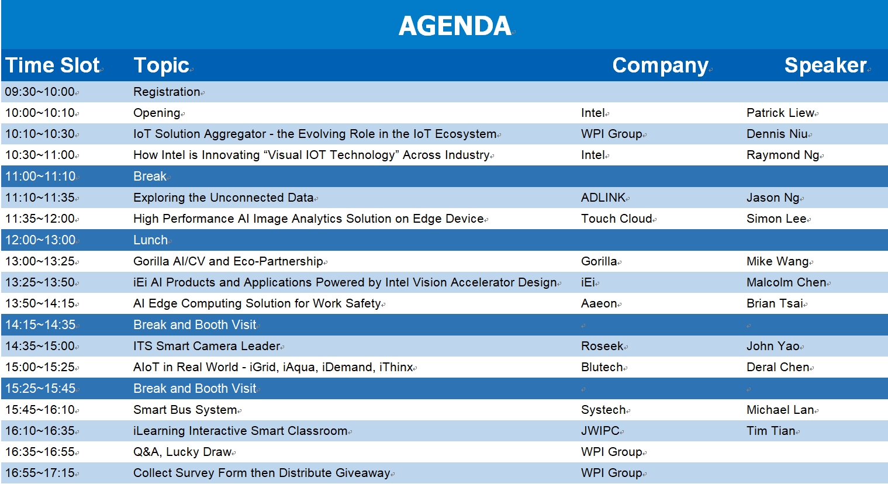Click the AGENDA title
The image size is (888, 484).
tap(455, 26)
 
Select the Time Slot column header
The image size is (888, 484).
tap(53, 65)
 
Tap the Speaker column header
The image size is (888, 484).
tap(825, 65)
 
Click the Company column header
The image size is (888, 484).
tap(660, 66)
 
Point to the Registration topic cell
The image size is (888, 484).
tap(167, 92)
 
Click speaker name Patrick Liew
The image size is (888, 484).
tap(780, 113)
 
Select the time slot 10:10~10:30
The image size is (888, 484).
tap(40, 134)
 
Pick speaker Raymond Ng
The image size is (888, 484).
tap(783, 155)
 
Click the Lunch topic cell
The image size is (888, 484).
tap(150, 240)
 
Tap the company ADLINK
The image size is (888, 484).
tap(603, 198)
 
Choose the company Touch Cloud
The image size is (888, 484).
tap(616, 219)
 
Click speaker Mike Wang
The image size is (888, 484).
tap(778, 262)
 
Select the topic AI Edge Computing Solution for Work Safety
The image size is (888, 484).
tap(257, 303)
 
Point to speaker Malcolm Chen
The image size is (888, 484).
tap(786, 283)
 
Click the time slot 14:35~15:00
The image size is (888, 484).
tap(40, 347)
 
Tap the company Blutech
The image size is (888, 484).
tap(602, 368)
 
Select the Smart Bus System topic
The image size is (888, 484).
tap(185, 410)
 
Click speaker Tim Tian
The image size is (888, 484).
tap(770, 431)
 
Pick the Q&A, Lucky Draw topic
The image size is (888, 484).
tap(182, 452)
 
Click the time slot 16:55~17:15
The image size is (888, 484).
tap(40, 473)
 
